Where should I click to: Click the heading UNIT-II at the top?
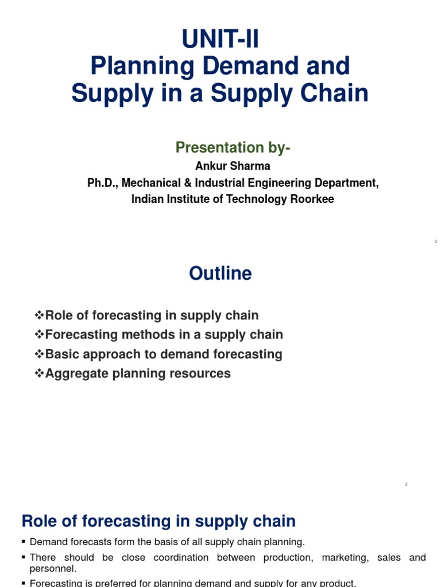coord(220,41)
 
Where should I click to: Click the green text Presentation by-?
coord(233,147)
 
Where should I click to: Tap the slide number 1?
coord(436,242)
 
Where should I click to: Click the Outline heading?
coord(220,273)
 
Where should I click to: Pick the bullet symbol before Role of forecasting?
coord(39,315)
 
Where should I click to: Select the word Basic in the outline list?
coord(62,354)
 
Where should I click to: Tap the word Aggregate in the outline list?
coord(74,373)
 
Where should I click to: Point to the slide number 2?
coord(405,484)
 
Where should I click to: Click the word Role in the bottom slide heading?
coord(40,521)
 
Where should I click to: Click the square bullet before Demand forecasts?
coord(24,542)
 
